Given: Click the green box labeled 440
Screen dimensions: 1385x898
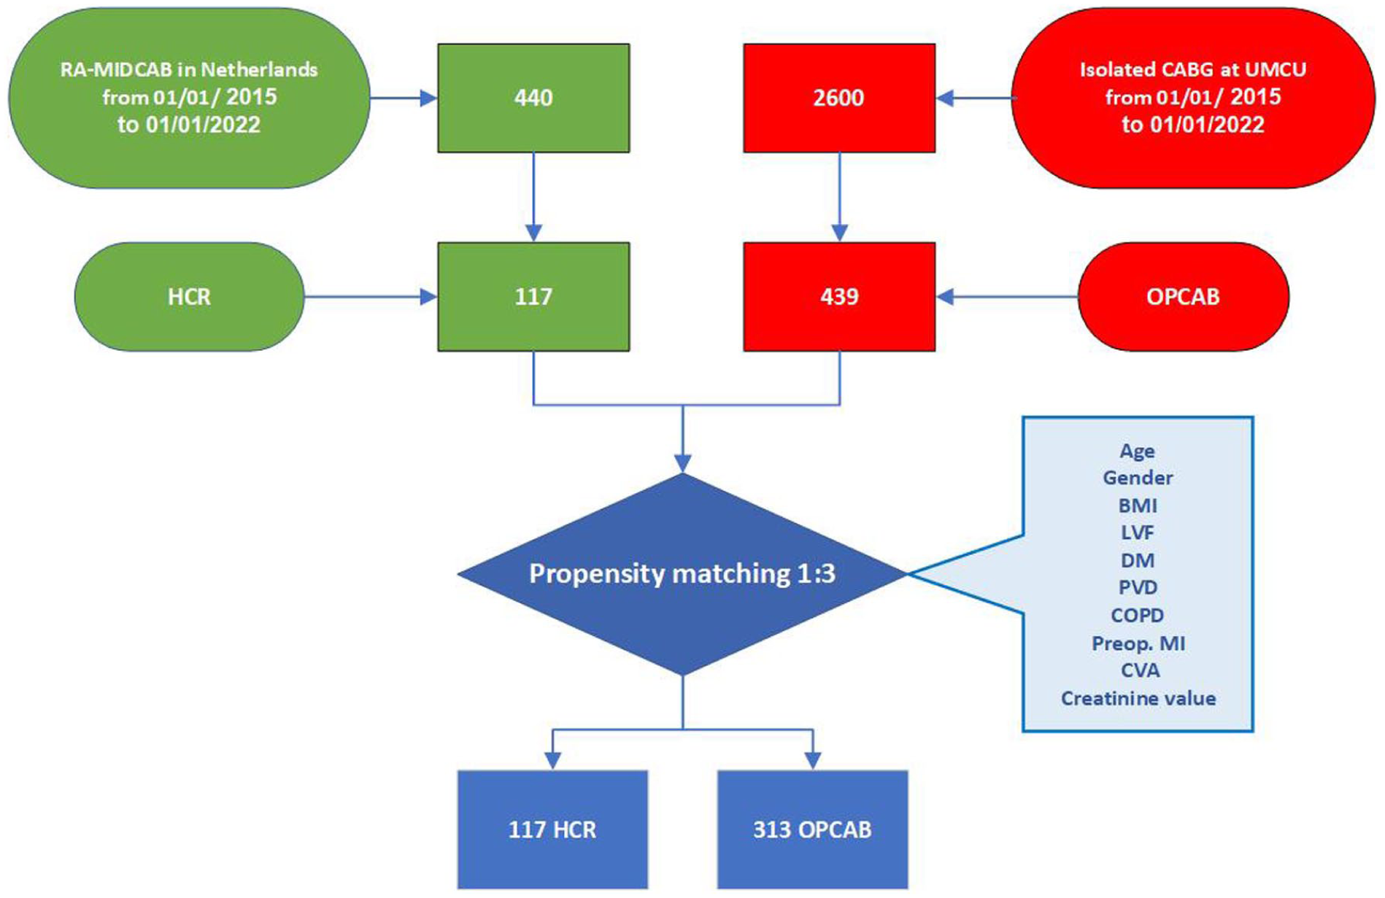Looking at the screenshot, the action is tap(533, 98).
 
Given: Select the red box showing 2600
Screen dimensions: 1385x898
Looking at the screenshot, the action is tap(839, 98).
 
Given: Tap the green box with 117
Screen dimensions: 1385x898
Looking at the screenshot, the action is tap(533, 297).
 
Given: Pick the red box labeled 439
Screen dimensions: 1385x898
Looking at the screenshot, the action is tap(839, 297).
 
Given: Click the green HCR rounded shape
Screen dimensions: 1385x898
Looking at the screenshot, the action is tap(189, 297).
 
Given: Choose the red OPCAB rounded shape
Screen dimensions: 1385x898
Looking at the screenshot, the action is tap(1184, 297).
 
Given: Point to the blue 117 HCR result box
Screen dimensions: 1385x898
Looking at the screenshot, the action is tap(552, 829).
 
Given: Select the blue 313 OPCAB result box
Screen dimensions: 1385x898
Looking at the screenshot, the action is tap(812, 829).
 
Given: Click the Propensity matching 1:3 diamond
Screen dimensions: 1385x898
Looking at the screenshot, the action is tap(682, 574).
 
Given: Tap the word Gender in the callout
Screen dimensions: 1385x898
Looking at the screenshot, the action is tap(1138, 478).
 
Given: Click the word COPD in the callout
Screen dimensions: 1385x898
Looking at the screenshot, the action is tap(1138, 615).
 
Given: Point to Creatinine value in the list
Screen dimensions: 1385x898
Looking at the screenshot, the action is tap(1138, 698).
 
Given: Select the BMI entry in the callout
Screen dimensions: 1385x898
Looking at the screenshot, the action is tap(1138, 506).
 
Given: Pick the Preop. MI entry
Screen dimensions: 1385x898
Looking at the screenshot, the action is tap(1138, 643).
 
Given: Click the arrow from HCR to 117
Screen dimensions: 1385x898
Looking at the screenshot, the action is tap(371, 297).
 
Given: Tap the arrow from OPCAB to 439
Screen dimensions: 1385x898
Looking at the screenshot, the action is tap(1007, 297).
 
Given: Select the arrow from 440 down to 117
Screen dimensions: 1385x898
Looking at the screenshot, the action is tap(533, 197).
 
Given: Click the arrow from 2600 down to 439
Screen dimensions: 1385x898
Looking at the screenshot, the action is tap(839, 197).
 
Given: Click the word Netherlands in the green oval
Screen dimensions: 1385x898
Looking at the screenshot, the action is tap(260, 69).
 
